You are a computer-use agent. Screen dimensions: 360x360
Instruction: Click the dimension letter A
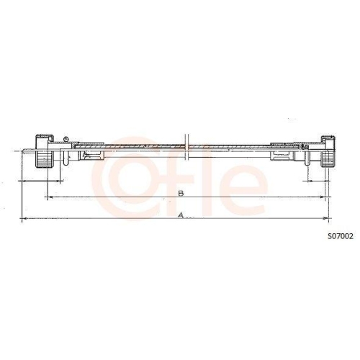(181, 214)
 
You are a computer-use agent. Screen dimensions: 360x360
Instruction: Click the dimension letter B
(181, 193)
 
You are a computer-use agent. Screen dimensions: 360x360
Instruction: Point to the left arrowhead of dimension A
(22, 217)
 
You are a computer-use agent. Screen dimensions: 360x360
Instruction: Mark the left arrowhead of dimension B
(48, 196)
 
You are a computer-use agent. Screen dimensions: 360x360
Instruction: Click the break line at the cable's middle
(186, 148)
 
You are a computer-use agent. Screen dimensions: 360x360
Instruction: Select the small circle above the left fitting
(66, 139)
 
